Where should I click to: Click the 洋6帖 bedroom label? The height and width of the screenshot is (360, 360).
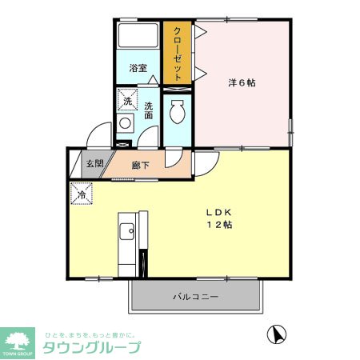[x=241, y=82]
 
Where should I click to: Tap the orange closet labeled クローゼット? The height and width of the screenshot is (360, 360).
[x=177, y=53]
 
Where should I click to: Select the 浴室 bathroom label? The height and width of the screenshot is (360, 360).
[x=138, y=68]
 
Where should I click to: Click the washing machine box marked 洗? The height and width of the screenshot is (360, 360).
[x=126, y=101]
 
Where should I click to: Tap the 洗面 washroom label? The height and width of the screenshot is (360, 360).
[x=149, y=110]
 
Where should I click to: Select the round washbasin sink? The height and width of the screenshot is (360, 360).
[x=124, y=124]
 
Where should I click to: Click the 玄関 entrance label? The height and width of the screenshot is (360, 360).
[x=94, y=164]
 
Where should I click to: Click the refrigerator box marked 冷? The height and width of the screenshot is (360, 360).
[x=81, y=194]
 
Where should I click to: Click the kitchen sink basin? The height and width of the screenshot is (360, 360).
[x=126, y=232]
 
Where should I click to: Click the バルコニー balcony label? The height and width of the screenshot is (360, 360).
[x=196, y=298]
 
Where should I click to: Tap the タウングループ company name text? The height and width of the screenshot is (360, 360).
[x=91, y=347]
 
